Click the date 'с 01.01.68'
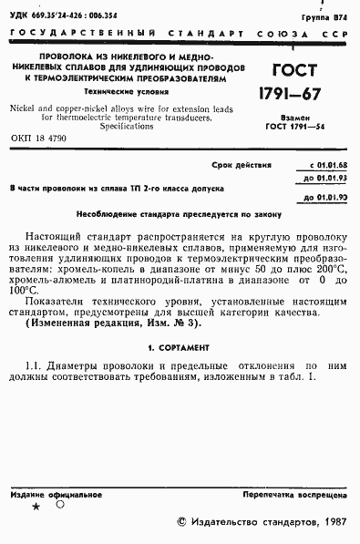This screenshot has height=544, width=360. click(x=326, y=167)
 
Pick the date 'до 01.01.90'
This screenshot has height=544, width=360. click(x=326, y=196)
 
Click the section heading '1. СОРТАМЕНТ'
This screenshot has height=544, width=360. click(x=179, y=349)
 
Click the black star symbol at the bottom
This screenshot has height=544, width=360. click(x=36, y=506)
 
